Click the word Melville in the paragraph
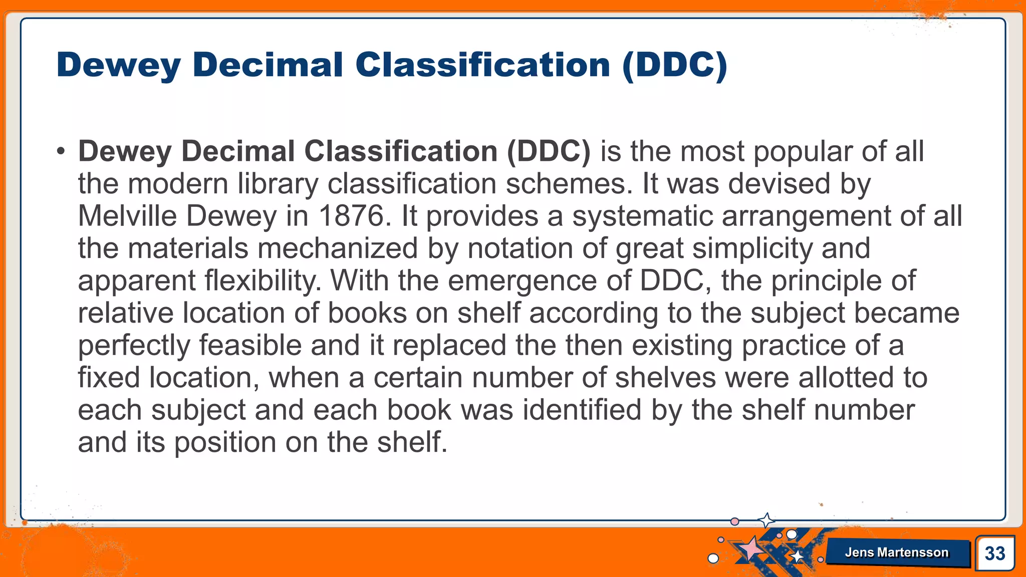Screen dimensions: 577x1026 coord(127,216)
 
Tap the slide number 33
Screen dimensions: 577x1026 coord(994,553)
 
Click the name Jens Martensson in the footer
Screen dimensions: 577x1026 coord(897,552)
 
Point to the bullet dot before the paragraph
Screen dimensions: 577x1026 coord(61,151)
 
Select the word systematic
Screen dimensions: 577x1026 coord(642,216)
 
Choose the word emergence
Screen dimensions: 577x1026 coord(523,281)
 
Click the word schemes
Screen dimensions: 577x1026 coord(565,184)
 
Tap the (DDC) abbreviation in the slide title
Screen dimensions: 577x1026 coord(674,65)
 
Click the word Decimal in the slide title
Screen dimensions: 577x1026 coord(268,65)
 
